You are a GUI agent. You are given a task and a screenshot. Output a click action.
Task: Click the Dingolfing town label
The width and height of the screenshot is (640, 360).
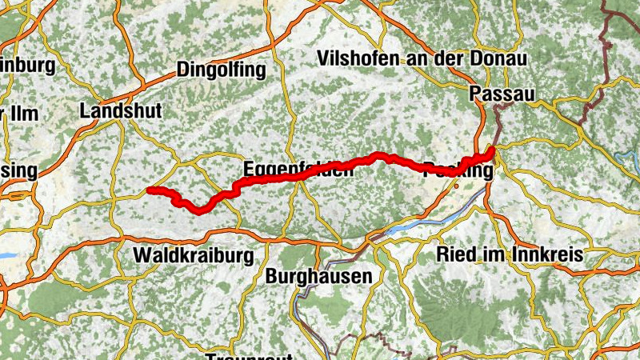pyautogui.click(x=221, y=70)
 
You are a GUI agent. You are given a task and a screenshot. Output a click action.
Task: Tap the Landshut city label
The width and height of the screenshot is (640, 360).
pyautogui.click(x=121, y=111)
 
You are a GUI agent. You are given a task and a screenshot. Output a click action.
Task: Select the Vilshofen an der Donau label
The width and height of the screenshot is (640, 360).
pyautogui.click(x=422, y=58)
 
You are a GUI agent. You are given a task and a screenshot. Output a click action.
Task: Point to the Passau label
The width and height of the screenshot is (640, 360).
pyautogui.click(x=502, y=93)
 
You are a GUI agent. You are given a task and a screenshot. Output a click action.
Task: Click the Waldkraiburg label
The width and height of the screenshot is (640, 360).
pyautogui.click(x=194, y=256)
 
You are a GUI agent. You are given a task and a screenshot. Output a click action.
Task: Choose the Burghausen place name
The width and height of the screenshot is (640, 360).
pyautogui.click(x=318, y=276)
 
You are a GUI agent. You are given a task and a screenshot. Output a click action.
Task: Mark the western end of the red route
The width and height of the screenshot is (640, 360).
pyautogui.click(x=150, y=190)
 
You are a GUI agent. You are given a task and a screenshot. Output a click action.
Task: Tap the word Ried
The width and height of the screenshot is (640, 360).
pyautogui.click(x=453, y=255)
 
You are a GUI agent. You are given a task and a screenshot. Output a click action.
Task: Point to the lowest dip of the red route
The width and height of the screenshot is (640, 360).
pyautogui.click(x=198, y=210)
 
